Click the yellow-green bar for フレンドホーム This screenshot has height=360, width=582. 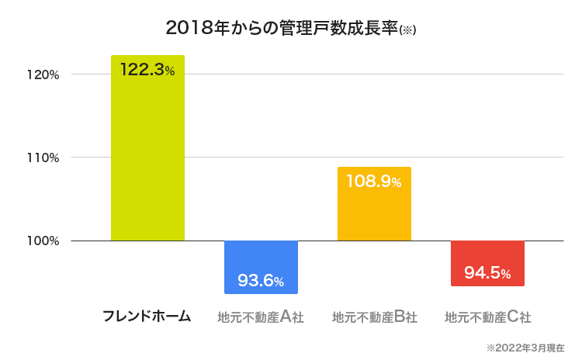click(147, 155)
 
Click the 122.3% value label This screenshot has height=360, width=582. click(147, 70)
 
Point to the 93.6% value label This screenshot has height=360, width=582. click(261, 281)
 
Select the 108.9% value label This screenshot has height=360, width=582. click(374, 182)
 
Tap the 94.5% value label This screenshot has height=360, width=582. click(487, 273)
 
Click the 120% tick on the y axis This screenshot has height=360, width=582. click(43, 74)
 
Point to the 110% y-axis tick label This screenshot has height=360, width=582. click(43, 157)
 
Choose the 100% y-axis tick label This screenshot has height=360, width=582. click(43, 241)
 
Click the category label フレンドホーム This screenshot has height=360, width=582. click(147, 317)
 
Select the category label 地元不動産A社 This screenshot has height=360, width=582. click(261, 317)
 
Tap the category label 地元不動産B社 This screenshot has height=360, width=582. click(374, 317)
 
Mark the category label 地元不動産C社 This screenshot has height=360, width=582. click(487, 317)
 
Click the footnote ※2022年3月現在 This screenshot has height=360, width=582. click(525, 348)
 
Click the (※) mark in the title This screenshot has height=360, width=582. click(408, 30)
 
